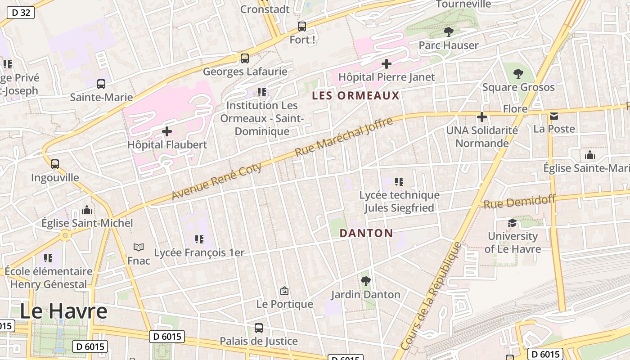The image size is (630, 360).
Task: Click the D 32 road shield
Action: pos(21,13)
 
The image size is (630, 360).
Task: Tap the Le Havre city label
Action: pos(63,311)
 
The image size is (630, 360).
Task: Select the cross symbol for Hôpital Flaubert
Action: pos(167,131)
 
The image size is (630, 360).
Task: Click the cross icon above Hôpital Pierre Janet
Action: pos(386,64)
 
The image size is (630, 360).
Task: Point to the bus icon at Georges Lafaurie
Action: pos(244,58)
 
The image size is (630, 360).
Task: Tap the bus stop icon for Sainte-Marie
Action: pos(101,84)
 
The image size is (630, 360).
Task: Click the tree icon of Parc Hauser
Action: pos(448,31)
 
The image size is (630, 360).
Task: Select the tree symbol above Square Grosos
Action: pos(518,73)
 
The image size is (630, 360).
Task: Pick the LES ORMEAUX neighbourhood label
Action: pos(355,95)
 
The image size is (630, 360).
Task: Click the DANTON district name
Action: pos(366,233)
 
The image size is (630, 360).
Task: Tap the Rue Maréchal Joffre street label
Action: pos(343,137)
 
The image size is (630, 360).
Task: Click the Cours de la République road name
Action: pos(431,297)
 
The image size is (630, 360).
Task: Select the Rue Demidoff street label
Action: pos(519,202)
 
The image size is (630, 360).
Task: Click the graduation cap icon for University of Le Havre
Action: pos(512,223)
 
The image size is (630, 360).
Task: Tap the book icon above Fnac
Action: pos(139,247)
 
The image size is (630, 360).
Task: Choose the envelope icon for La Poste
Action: pos(553,116)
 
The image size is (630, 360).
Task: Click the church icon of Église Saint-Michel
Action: pos(87,210)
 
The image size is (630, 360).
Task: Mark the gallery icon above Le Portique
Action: pos(284,291)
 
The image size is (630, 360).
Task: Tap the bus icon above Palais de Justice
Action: pos(258,328)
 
